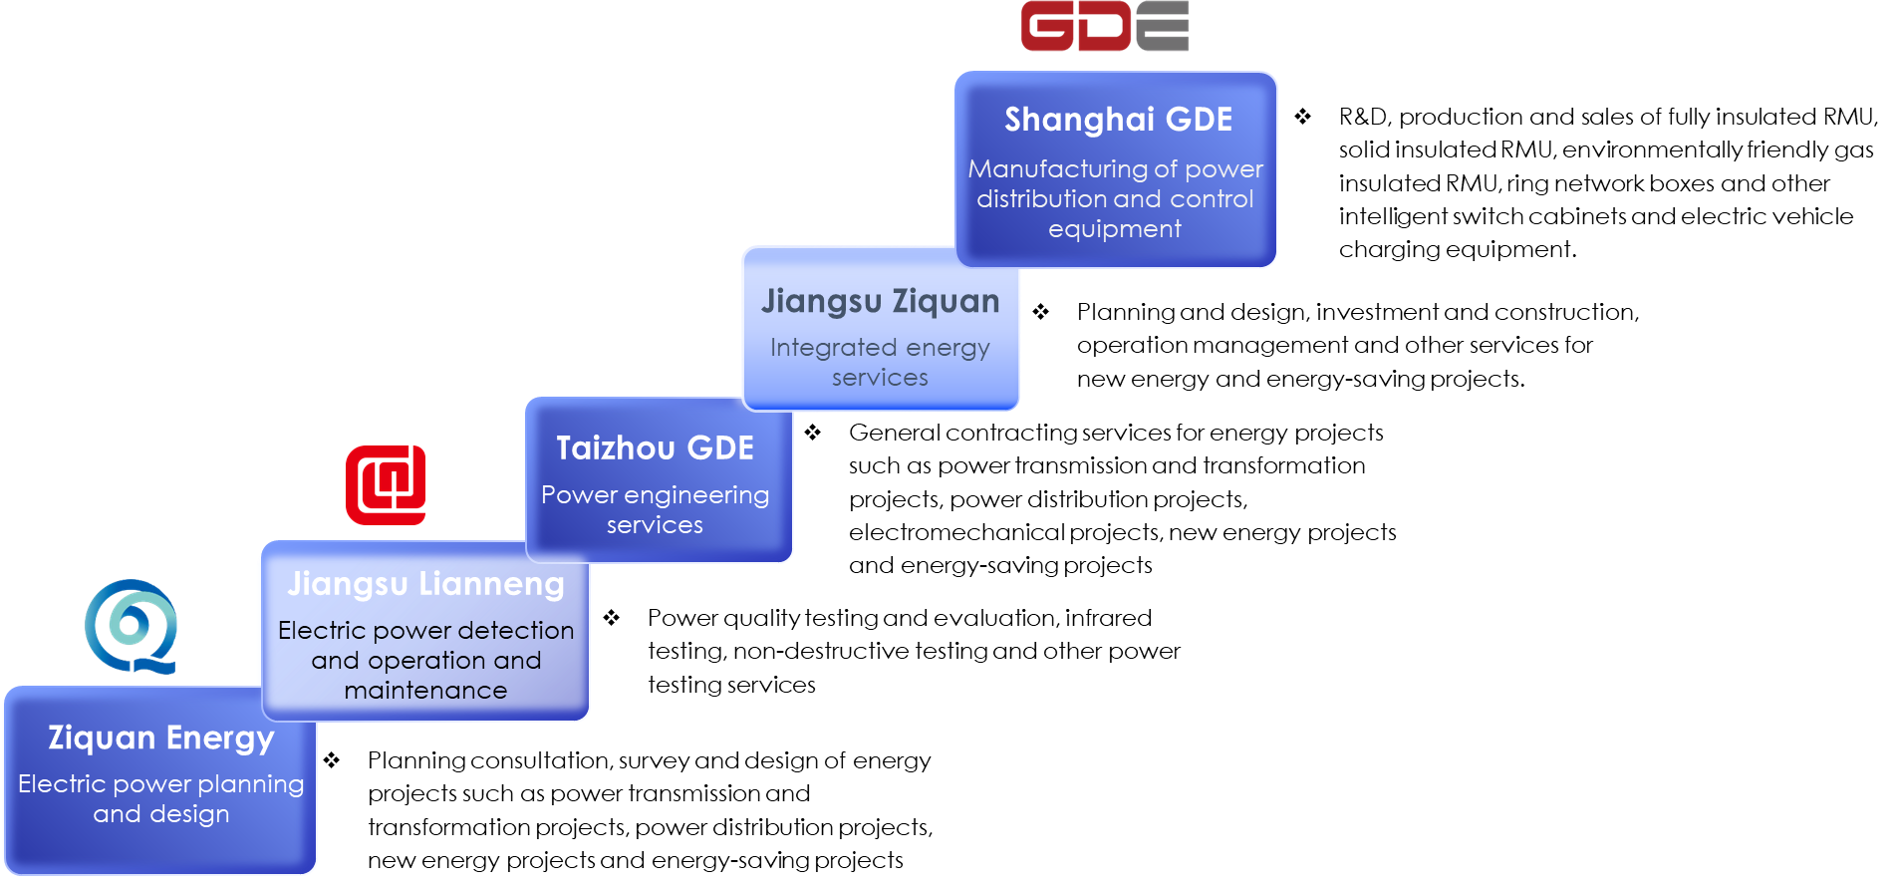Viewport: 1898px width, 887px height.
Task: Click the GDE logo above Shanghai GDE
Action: (1105, 26)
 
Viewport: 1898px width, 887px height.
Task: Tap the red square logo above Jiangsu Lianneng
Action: (386, 484)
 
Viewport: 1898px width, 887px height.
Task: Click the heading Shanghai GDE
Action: (1118, 120)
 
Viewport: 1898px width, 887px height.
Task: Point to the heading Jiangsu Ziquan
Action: (880, 302)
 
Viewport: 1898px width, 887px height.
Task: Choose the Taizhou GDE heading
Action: (655, 448)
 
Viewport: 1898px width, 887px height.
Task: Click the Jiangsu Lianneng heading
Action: (425, 584)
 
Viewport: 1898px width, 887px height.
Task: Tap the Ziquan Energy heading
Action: (161, 738)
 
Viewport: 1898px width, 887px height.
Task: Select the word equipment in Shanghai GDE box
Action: (1114, 229)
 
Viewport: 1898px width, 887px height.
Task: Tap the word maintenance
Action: (425, 691)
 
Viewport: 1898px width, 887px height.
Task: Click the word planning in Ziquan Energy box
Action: (250, 785)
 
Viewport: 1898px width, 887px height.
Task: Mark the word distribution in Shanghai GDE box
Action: (1040, 199)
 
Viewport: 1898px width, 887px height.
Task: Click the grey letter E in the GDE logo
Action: (1163, 26)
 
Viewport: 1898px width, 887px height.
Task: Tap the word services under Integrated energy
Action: (880, 378)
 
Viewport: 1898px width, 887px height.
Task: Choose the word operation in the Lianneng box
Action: (426, 661)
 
